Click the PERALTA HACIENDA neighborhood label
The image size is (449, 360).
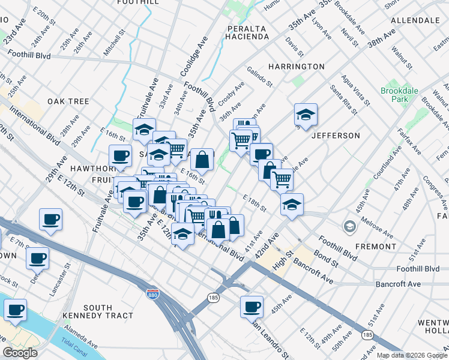(x=248, y=32)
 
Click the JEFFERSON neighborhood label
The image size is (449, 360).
(x=336, y=136)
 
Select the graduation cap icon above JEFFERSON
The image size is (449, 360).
(x=306, y=115)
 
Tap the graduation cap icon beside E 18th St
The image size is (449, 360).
(x=292, y=204)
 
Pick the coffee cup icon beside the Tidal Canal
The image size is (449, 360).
(x=16, y=310)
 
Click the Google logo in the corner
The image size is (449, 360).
(x=20, y=353)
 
